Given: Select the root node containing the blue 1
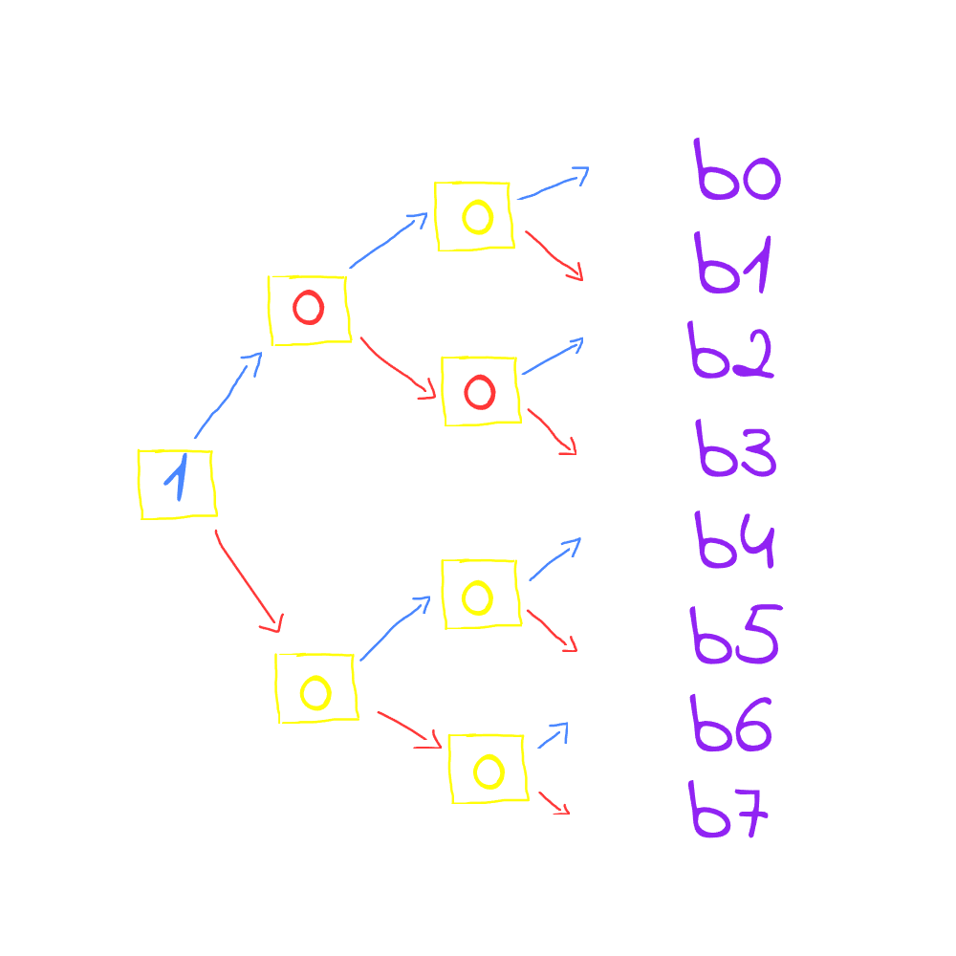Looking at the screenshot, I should coord(177,484).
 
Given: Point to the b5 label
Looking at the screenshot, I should coord(734,636).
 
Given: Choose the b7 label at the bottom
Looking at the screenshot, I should coord(728,811).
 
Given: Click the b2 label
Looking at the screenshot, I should coord(730,350).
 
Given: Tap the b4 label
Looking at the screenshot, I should coord(736,542).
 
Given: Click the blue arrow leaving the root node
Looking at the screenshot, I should coord(228,397).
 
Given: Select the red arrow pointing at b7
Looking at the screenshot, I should coord(554,803).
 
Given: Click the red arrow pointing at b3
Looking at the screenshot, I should coord(552,431).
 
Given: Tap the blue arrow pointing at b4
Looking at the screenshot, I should coord(554,559).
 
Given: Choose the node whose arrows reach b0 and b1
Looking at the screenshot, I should coord(474,216).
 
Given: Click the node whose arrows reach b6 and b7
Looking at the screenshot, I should coord(488,769).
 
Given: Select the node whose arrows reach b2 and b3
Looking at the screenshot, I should coord(480,390).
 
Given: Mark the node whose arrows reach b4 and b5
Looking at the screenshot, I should coord(481,595).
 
